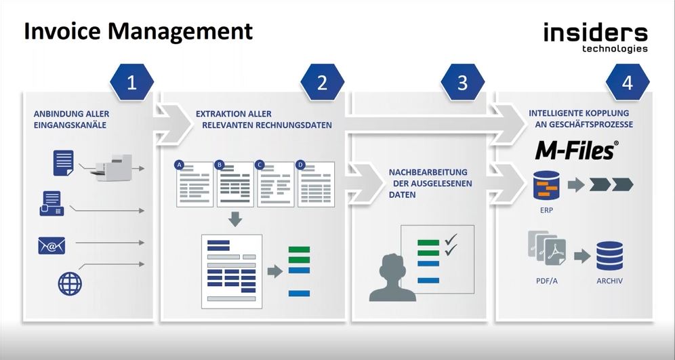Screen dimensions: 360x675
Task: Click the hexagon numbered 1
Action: pos(131,83)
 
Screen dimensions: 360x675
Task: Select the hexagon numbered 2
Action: pos(322,83)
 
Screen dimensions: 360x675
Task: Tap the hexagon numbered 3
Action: pos(462,83)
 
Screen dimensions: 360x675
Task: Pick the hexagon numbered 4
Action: pos(627,83)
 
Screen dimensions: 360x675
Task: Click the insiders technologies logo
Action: pos(595,37)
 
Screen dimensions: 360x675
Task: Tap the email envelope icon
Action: pos(52,245)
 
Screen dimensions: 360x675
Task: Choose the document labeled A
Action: pos(194,184)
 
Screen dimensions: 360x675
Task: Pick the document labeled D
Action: pos(316,184)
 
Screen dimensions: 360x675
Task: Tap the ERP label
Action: pos(546,210)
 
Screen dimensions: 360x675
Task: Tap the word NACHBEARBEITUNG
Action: pos(428,172)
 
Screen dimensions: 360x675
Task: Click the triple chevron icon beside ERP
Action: pos(611,184)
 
